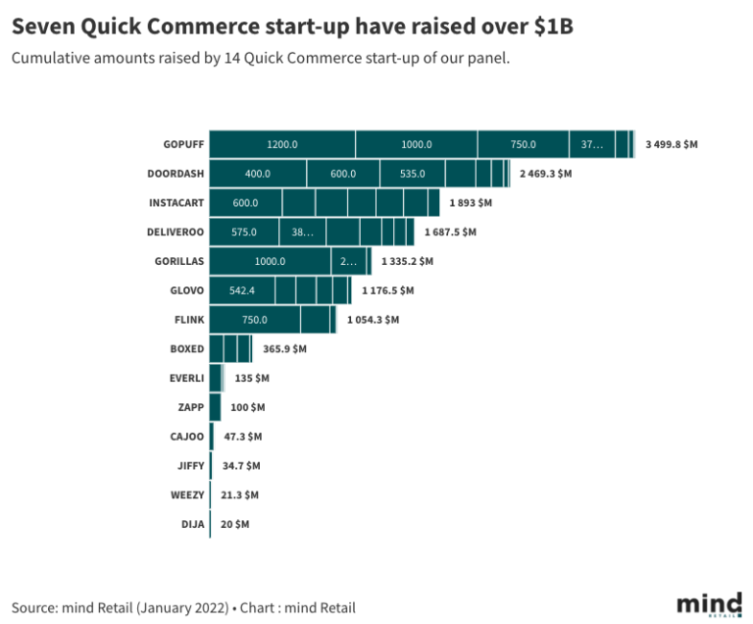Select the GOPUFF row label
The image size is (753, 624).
(184, 144)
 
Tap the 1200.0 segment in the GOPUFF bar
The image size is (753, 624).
(281, 144)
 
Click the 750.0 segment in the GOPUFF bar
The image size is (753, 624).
(523, 144)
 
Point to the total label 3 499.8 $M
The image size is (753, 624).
(672, 144)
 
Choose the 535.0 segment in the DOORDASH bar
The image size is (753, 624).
(412, 174)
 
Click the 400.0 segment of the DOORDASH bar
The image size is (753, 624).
(257, 174)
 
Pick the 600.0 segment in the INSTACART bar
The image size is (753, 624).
(245, 203)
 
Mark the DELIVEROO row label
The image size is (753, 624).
(176, 233)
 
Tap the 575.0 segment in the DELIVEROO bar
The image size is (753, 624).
(243, 233)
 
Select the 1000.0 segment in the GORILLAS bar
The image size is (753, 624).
(270, 262)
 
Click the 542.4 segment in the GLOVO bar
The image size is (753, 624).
(241, 290)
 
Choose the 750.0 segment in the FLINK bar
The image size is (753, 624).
(255, 320)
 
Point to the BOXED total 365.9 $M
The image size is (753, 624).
(284, 348)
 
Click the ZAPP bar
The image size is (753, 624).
(215, 407)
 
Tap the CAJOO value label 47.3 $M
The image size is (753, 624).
(242, 437)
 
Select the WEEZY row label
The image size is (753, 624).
(187, 495)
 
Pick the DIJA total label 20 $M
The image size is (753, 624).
(235, 525)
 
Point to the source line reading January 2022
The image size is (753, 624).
(183, 607)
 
